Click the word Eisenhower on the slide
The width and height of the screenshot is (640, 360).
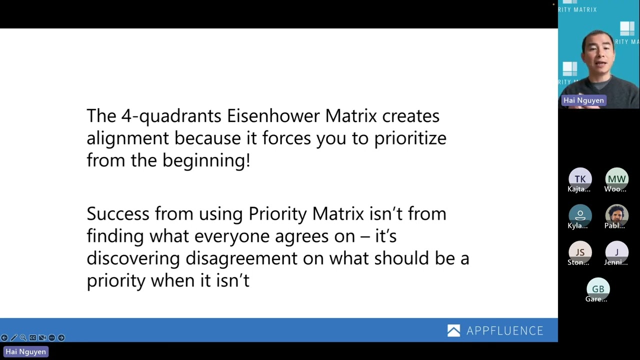pyautogui.click(x=273, y=116)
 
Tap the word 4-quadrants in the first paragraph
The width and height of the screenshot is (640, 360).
pyautogui.click(x=171, y=116)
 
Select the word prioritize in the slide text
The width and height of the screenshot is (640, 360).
pyautogui.click(x=410, y=138)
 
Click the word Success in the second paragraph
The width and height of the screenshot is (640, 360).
pyautogui.click(x=118, y=214)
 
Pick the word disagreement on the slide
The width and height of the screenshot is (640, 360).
pyautogui.click(x=241, y=258)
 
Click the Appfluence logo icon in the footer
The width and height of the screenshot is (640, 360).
pyautogui.click(x=453, y=330)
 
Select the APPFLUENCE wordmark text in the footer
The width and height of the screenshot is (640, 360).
pyautogui.click(x=504, y=331)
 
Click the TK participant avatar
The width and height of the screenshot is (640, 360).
pyautogui.click(x=580, y=178)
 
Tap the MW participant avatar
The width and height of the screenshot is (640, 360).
pyautogui.click(x=616, y=178)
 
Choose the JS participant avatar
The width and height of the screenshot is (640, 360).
pyautogui.click(x=580, y=252)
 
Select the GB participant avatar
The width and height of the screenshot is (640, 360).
pyautogui.click(x=598, y=288)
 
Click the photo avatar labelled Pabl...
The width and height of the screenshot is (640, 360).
pyautogui.click(x=616, y=215)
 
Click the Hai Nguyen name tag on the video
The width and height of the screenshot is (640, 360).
pyautogui.click(x=583, y=100)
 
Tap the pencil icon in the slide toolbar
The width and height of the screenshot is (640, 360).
pyautogui.click(x=13, y=337)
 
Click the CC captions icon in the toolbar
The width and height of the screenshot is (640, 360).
pyautogui.click(x=32, y=337)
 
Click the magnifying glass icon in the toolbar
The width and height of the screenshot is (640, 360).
pyautogui.click(x=23, y=337)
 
